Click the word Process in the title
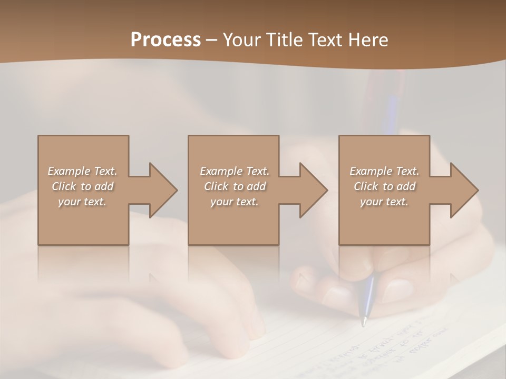point(166,40)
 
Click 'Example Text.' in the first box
point(82,171)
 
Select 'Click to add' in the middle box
point(235,186)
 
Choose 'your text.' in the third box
point(384,202)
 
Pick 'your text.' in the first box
point(82,202)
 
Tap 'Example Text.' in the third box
point(384,171)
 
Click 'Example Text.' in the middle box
point(235,171)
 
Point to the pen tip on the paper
point(363,323)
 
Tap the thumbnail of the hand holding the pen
point(396,289)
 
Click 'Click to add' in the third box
point(384,186)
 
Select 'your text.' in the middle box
point(235,202)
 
